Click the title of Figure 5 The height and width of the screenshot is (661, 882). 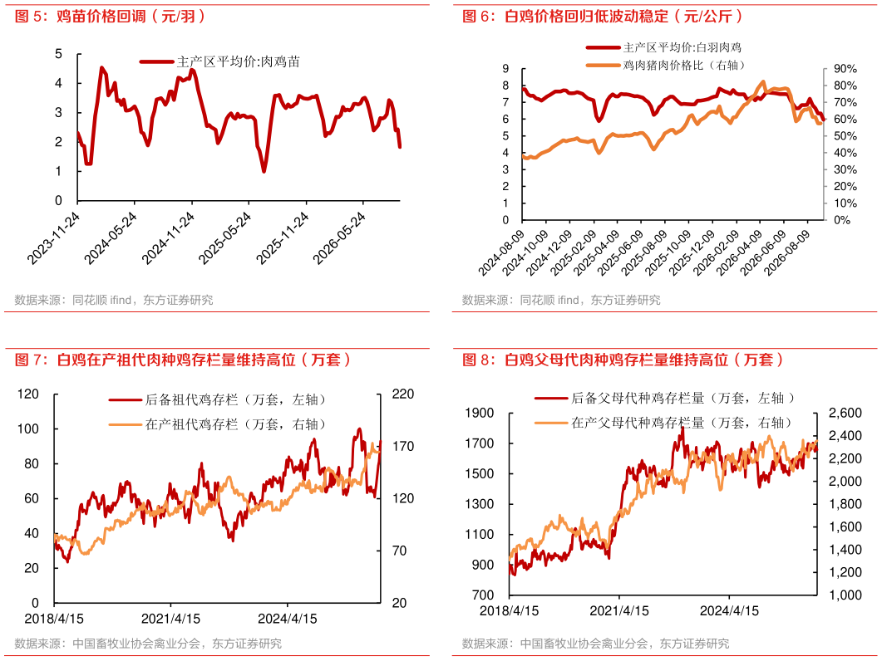[111, 17]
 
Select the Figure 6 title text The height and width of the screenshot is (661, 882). [603, 17]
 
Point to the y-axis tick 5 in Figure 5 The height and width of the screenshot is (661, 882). [58, 54]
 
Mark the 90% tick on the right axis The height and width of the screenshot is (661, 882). [845, 69]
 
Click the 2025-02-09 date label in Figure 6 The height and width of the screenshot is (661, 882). [574, 252]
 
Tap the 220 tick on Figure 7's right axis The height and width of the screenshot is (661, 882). [402, 394]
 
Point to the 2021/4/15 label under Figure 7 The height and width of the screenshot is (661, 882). [170, 619]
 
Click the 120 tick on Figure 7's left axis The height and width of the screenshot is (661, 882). [28, 394]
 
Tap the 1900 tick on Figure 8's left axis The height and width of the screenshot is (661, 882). [480, 414]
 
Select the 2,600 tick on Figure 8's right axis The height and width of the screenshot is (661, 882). [845, 414]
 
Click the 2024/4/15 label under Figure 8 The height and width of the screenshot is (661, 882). [729, 610]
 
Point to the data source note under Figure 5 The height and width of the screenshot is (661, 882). [114, 300]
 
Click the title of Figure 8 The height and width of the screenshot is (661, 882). [623, 360]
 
